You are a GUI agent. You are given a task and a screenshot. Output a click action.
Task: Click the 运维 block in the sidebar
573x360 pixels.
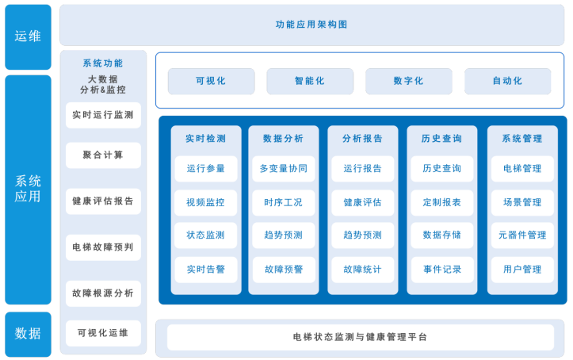click(28, 36)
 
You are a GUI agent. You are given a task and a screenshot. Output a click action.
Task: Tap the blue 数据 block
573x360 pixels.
click(28, 333)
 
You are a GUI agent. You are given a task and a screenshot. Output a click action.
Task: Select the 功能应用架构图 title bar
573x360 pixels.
click(311, 25)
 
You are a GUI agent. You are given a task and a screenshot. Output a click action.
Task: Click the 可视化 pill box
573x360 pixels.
click(211, 81)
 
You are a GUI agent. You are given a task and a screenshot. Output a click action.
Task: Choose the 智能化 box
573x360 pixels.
click(310, 81)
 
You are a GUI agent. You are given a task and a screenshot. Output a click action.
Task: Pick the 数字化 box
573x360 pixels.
click(408, 81)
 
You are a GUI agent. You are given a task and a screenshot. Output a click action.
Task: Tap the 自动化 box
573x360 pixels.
click(507, 81)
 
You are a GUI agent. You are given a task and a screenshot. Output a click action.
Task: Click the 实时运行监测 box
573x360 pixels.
click(103, 115)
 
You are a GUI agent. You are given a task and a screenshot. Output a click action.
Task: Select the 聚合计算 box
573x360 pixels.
click(103, 155)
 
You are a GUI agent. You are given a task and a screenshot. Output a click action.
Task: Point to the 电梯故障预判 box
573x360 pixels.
click(103, 247)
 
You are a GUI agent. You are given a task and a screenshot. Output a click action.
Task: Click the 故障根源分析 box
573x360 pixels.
click(103, 293)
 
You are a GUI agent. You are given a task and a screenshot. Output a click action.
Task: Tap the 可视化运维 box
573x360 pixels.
click(103, 333)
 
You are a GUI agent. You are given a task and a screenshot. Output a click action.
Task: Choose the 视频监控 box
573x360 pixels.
click(206, 202)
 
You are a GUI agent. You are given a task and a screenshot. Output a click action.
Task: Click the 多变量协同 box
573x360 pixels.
click(283, 169)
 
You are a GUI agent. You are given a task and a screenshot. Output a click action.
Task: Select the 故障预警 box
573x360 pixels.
click(283, 270)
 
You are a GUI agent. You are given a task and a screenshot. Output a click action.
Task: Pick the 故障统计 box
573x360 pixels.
click(362, 270)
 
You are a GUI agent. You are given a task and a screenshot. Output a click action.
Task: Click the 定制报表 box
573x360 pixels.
click(442, 202)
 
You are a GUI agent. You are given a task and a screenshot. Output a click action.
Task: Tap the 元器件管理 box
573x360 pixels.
click(522, 236)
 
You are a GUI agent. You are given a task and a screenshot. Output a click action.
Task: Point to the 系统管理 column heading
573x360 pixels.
click(522, 138)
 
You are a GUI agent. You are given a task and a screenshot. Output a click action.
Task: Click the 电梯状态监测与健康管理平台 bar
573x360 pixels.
click(360, 337)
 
